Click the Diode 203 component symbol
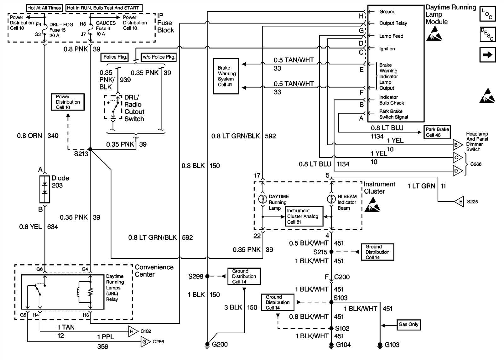coord(45,189)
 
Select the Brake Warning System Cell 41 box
coord(226,76)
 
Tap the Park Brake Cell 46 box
coord(437,132)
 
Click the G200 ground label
coord(220,345)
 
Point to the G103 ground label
coord(392,345)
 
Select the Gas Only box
coord(408,324)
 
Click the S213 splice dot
coord(90,149)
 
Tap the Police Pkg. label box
coord(115,57)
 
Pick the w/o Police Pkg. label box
coord(158,57)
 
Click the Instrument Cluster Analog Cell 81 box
coord(304,216)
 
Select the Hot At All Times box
coord(44,8)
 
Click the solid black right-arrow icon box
coord(487,55)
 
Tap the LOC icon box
coord(487,14)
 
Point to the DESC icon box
coord(487,34)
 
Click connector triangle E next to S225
coord(460,202)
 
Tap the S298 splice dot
coord(207,276)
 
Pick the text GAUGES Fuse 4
coord(105,26)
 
